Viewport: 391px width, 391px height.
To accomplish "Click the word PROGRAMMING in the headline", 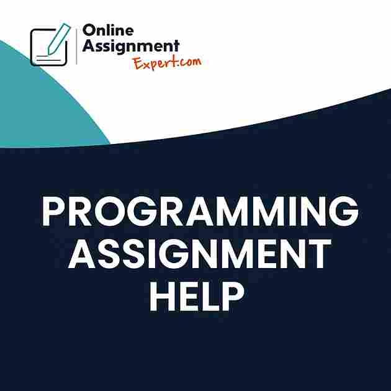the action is point(200,211).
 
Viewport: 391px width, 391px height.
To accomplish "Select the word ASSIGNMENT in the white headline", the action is point(200,253).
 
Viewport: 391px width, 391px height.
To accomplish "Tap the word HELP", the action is point(197,296).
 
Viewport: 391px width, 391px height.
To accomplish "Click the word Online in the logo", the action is point(108,30).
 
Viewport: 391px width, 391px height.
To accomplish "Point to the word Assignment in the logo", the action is point(131,47).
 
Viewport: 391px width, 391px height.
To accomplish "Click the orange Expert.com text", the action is point(168,63).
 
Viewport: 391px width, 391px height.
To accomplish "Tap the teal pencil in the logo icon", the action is point(59,38).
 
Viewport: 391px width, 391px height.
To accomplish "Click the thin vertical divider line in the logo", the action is point(76,47).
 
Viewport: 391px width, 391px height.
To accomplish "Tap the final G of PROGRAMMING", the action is point(344,211).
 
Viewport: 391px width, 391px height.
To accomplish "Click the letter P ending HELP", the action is point(233,296).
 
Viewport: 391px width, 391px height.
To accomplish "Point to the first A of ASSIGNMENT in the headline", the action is point(81,254).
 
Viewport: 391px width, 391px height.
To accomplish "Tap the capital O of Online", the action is point(89,30).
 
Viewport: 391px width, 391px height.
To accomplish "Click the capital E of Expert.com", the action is point(138,63).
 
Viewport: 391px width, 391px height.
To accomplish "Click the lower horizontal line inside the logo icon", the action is point(48,60).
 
